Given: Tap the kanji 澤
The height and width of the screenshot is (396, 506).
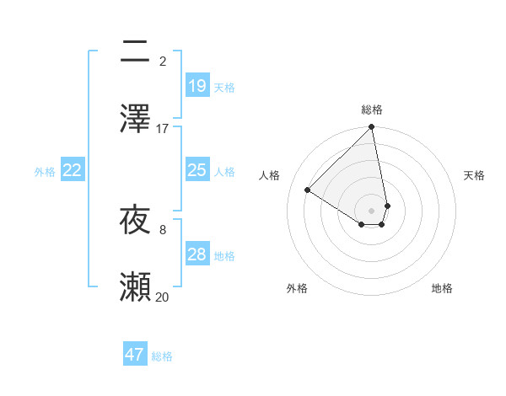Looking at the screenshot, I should coord(135,118).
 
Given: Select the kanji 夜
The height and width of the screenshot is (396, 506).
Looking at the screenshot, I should coord(135,221).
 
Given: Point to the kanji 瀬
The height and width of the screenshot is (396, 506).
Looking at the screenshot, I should coord(135,287).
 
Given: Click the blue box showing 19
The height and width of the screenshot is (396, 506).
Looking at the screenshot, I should coord(197,86).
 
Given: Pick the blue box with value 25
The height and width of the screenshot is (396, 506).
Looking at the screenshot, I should coord(197,170).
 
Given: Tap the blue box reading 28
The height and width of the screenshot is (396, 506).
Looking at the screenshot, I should coord(197,254).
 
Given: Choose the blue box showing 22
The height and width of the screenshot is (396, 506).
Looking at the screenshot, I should coord(73,170).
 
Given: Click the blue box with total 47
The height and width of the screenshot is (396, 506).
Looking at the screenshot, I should coord(135,355).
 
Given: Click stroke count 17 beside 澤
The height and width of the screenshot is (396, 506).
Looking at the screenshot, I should coord(163,129).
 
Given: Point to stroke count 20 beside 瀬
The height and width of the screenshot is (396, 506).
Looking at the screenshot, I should coord(163,297).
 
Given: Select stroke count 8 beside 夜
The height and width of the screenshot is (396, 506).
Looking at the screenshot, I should coord(163,229).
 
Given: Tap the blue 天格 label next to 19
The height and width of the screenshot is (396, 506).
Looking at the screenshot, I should coord(224,87).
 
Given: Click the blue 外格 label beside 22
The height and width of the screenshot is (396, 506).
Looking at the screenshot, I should coord(45,171).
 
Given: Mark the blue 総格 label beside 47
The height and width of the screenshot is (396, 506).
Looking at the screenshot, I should coord(162,356).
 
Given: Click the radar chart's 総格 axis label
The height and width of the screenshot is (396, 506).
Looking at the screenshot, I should coord(372,110).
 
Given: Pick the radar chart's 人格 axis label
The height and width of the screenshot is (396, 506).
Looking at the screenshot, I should coord(270,175).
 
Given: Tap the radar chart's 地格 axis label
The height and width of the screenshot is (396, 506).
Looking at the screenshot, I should coord(442,288).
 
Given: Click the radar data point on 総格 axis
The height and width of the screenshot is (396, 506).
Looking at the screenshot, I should coord(372,128).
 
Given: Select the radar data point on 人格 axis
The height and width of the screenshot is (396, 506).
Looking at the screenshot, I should coord(308,190).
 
